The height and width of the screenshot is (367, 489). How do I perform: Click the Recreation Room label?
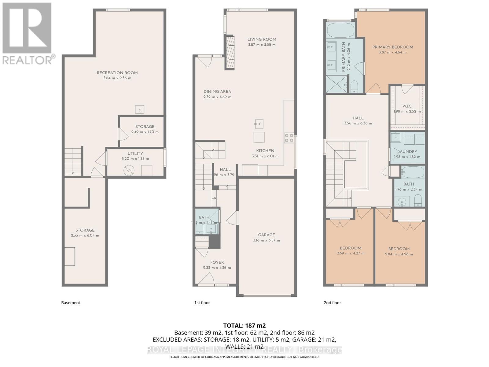[117, 73]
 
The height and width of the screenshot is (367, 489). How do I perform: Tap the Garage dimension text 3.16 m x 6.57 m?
[267, 240]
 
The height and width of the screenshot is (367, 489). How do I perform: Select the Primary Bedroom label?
[393, 47]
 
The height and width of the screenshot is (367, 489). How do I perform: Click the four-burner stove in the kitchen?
[289, 138]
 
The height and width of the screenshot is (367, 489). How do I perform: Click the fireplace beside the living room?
[230, 53]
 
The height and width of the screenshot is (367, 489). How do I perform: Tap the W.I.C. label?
[407, 106]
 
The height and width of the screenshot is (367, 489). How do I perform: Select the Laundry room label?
[407, 151]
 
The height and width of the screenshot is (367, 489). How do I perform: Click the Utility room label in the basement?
[135, 154]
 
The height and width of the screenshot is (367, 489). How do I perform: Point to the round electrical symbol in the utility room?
[129, 171]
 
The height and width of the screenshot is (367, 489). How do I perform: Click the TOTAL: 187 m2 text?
[244, 325]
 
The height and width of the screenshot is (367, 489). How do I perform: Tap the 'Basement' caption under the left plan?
[71, 302]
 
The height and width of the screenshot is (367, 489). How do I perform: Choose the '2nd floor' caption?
[332, 302]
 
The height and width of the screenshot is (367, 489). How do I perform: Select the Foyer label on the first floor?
[217, 262]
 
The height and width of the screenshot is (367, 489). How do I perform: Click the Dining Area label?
[217, 91]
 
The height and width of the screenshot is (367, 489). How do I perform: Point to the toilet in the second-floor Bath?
[418, 201]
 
